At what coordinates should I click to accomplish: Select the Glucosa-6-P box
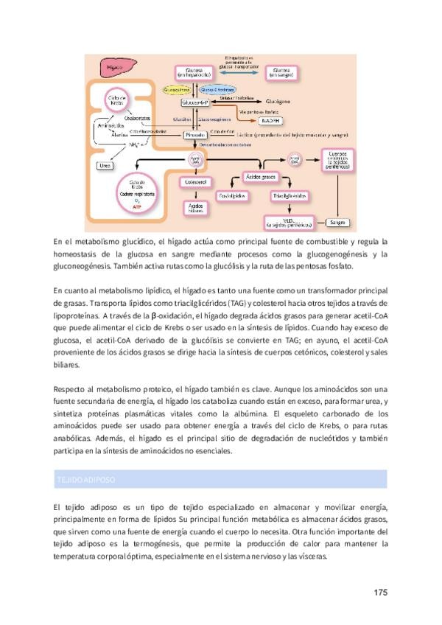point(197,102)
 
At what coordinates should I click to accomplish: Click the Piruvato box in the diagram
point(197,136)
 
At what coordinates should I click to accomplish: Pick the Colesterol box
point(196,181)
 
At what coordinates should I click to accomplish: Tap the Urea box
point(105,166)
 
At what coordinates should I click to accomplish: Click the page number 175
point(380,592)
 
